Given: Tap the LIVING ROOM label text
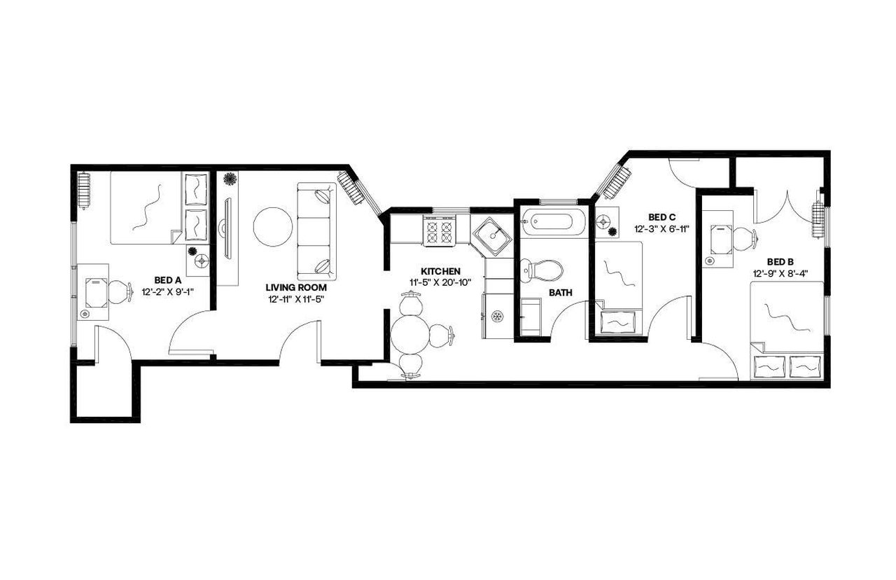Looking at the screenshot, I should click(x=295, y=287).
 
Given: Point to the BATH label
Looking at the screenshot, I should click(x=560, y=293).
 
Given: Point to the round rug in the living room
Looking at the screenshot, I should click(x=273, y=226).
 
